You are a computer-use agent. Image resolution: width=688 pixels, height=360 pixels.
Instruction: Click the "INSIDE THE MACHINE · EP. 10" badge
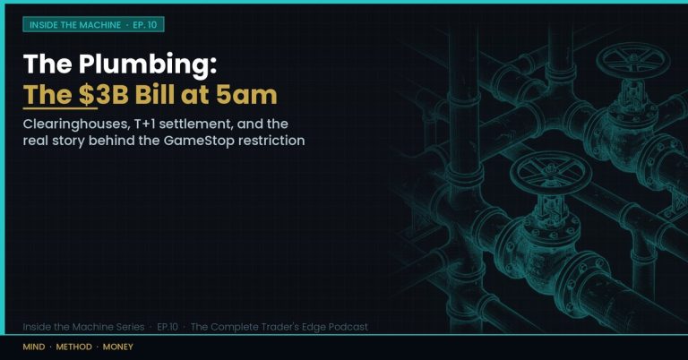(93, 24)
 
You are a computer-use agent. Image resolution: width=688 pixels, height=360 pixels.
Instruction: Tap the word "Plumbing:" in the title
(148, 64)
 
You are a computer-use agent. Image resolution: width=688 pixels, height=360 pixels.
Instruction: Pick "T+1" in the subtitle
(145, 124)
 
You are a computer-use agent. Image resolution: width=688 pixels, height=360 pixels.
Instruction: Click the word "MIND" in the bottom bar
(34, 347)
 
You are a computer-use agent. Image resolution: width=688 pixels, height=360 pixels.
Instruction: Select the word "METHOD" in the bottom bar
(73, 347)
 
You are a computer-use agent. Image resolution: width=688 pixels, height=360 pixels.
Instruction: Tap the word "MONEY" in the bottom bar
(117, 347)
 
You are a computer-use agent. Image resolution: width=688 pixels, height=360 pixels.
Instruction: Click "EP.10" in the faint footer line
(168, 327)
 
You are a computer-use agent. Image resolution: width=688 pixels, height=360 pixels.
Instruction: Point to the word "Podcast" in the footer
(348, 327)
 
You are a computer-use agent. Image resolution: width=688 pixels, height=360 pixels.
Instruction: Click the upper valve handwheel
(632, 61)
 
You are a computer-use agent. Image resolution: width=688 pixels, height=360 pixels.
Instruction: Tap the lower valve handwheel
(549, 172)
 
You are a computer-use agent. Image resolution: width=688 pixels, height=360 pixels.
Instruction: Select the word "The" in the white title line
(47, 64)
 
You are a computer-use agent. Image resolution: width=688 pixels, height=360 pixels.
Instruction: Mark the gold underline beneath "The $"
(60, 107)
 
